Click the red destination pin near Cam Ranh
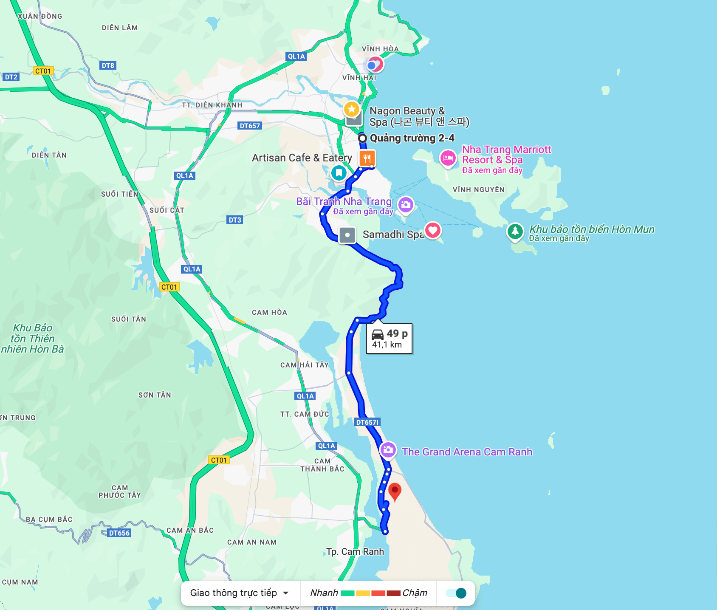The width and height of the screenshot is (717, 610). tap(395, 491)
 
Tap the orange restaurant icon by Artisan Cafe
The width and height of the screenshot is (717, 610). tap(367, 158)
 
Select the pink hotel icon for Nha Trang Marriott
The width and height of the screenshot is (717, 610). tap(448, 158)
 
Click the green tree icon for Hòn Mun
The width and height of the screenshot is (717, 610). tap(515, 232)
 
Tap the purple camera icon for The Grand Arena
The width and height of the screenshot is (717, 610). tap(388, 450)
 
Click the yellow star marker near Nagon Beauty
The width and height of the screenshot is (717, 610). tap(352, 110)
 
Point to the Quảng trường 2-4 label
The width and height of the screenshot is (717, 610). tap(412, 138)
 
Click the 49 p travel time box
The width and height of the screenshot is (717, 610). tap(390, 339)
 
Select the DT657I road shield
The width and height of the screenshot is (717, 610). tap(367, 422)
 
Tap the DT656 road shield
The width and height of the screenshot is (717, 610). tap(119, 533)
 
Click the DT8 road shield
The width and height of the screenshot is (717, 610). tap(108, 65)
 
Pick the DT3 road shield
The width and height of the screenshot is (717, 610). tap(235, 220)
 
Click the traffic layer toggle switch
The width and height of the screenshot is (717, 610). tap(456, 593)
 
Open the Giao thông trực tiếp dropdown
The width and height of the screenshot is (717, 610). tap(240, 593)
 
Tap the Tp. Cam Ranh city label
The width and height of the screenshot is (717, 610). tap(355, 551)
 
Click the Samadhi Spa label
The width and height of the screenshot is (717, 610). tap(392, 234)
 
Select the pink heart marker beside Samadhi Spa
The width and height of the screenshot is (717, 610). tap(433, 231)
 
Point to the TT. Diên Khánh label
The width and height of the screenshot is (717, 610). tap(212, 105)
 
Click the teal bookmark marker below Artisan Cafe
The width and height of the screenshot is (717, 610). tap(339, 173)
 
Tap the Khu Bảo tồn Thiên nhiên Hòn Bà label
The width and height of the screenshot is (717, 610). tap(33, 339)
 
